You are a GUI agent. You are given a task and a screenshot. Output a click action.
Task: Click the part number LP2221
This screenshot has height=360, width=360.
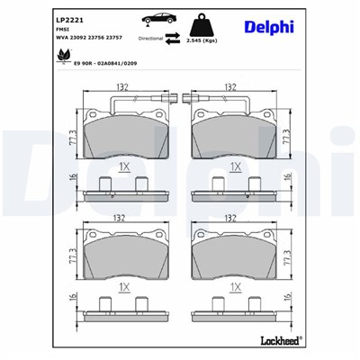pyautogui.click(x=70, y=18)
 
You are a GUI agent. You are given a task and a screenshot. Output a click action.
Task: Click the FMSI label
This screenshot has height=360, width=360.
pyautogui.click(x=62, y=29)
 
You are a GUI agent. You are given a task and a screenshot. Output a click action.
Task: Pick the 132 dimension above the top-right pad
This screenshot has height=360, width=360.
pyautogui.click(x=230, y=88)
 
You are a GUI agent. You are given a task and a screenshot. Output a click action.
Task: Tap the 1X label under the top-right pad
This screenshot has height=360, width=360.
pyautogui.click(x=235, y=167)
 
